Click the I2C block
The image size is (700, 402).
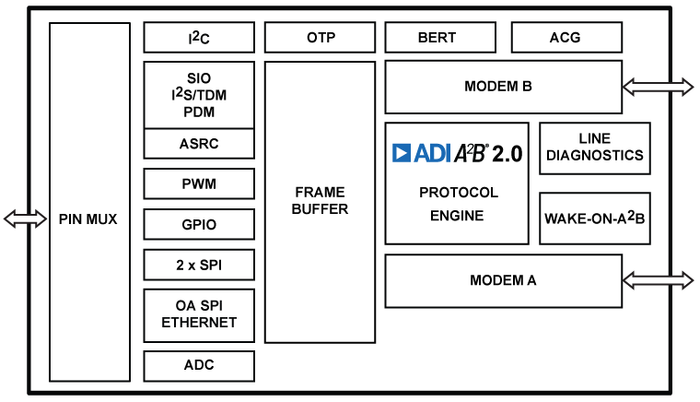coord(199,38)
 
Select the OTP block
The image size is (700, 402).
coord(320,38)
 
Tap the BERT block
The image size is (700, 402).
coord(437,38)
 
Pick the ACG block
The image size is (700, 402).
coord(566,38)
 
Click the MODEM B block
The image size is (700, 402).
coord(503,88)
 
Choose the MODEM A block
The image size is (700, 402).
coord(503,280)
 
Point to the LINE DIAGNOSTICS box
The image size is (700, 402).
coord(594,148)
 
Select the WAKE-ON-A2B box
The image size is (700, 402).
coord(594,219)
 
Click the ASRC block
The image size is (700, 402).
coord(199,144)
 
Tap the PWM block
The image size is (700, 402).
coord(199,183)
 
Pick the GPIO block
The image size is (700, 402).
coord(199,224)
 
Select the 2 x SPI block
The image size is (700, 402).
coord(199,265)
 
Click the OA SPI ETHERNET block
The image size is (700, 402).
coord(199,314)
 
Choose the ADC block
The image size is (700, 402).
coord(199,365)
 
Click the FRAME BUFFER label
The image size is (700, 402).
coord(320,200)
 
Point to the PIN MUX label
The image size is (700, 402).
coord(89,219)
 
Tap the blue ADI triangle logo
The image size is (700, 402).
coord(402,153)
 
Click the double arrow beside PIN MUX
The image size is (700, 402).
coord(25,219)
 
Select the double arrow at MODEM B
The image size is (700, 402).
coord(658,87)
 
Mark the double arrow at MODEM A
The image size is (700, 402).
coord(658,279)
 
